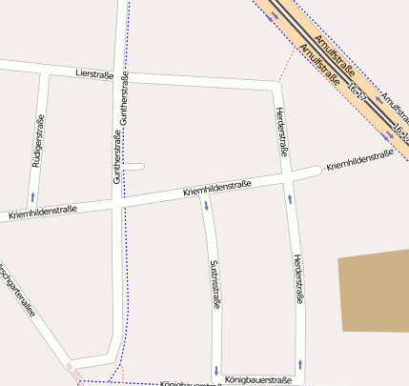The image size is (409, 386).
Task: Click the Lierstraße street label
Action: coord(94,74)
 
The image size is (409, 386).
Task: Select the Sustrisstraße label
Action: coord(215,283)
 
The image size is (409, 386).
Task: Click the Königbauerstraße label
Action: coord(258,379)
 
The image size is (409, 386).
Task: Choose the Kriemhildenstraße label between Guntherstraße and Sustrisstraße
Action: coord(217,189)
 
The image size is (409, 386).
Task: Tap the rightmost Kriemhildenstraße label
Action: coord(359,161)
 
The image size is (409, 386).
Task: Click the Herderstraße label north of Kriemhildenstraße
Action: coord(281,130)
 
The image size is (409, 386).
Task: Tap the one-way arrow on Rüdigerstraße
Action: coord(33,196)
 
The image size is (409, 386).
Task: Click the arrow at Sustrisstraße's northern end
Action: coord(206,206)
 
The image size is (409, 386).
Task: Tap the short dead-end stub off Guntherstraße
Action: coord(134,167)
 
